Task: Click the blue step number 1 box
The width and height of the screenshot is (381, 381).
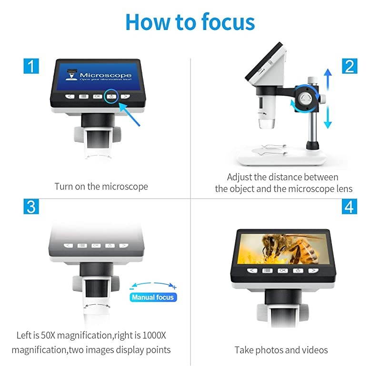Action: pos(31,65)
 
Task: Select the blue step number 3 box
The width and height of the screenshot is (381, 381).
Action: pos(31,207)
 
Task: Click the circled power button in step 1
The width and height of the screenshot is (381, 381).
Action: pos(111,96)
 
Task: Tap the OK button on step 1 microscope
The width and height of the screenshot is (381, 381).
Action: pos(97,96)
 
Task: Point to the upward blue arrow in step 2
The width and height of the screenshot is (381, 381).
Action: pos(328,79)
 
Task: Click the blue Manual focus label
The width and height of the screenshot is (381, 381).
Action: pos(153,297)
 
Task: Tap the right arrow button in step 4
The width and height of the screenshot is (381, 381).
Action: pos(313,270)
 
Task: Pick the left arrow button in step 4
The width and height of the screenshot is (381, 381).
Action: pos(252,270)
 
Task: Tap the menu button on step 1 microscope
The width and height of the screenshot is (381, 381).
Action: pos(83,96)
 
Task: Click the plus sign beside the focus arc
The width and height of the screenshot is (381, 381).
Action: pos(175,287)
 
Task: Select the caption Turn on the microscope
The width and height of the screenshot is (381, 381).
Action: pos(101,186)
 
